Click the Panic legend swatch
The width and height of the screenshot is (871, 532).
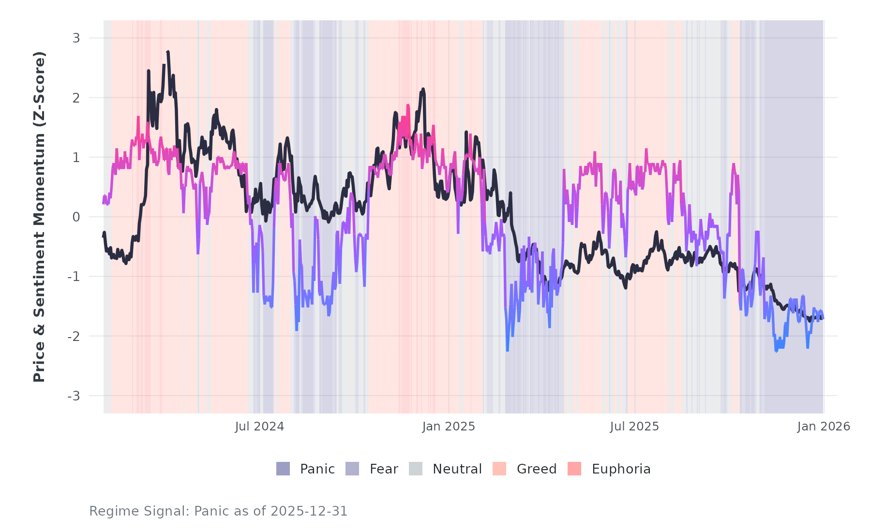pyautogui.click(x=283, y=469)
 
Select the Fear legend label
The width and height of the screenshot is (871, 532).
pyautogui.click(x=384, y=469)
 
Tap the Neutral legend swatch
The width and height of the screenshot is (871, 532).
pyautogui.click(x=416, y=469)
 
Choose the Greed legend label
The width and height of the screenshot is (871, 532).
pyautogui.click(x=537, y=469)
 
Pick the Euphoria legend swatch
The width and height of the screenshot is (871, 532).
pyautogui.click(x=574, y=469)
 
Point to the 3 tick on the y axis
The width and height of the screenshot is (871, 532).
pyautogui.click(x=76, y=38)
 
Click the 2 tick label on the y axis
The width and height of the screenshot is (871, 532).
pyautogui.click(x=76, y=98)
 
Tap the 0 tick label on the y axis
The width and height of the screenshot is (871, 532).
pyautogui.click(x=76, y=217)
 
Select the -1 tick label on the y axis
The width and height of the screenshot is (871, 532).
pyautogui.click(x=74, y=277)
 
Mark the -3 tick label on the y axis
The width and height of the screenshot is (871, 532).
pyautogui.click(x=74, y=396)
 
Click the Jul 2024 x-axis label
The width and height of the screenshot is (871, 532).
pyautogui.click(x=260, y=427)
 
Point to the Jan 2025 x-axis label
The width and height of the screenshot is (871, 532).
pyautogui.click(x=449, y=427)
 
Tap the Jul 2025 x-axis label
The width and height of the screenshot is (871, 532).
pyautogui.click(x=634, y=427)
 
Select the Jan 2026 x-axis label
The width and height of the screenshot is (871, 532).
pyautogui.click(x=824, y=427)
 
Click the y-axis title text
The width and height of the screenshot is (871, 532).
pyautogui.click(x=39, y=217)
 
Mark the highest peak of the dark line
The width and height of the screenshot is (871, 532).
pyautogui.click(x=167, y=52)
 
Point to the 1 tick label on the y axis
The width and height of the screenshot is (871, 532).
pyautogui.click(x=76, y=157)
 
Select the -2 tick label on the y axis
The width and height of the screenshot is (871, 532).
pyautogui.click(x=74, y=336)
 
